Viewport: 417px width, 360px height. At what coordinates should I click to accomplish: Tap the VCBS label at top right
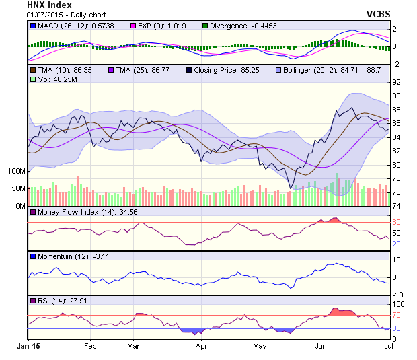tap(378, 13)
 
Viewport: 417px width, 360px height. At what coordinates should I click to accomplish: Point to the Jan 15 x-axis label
tap(28, 346)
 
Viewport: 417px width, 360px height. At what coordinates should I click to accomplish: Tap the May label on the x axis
tap(260, 346)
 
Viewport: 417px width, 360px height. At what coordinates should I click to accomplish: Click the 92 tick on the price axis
tap(397, 83)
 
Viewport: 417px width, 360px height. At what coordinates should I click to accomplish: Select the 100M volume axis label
tap(15, 171)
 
